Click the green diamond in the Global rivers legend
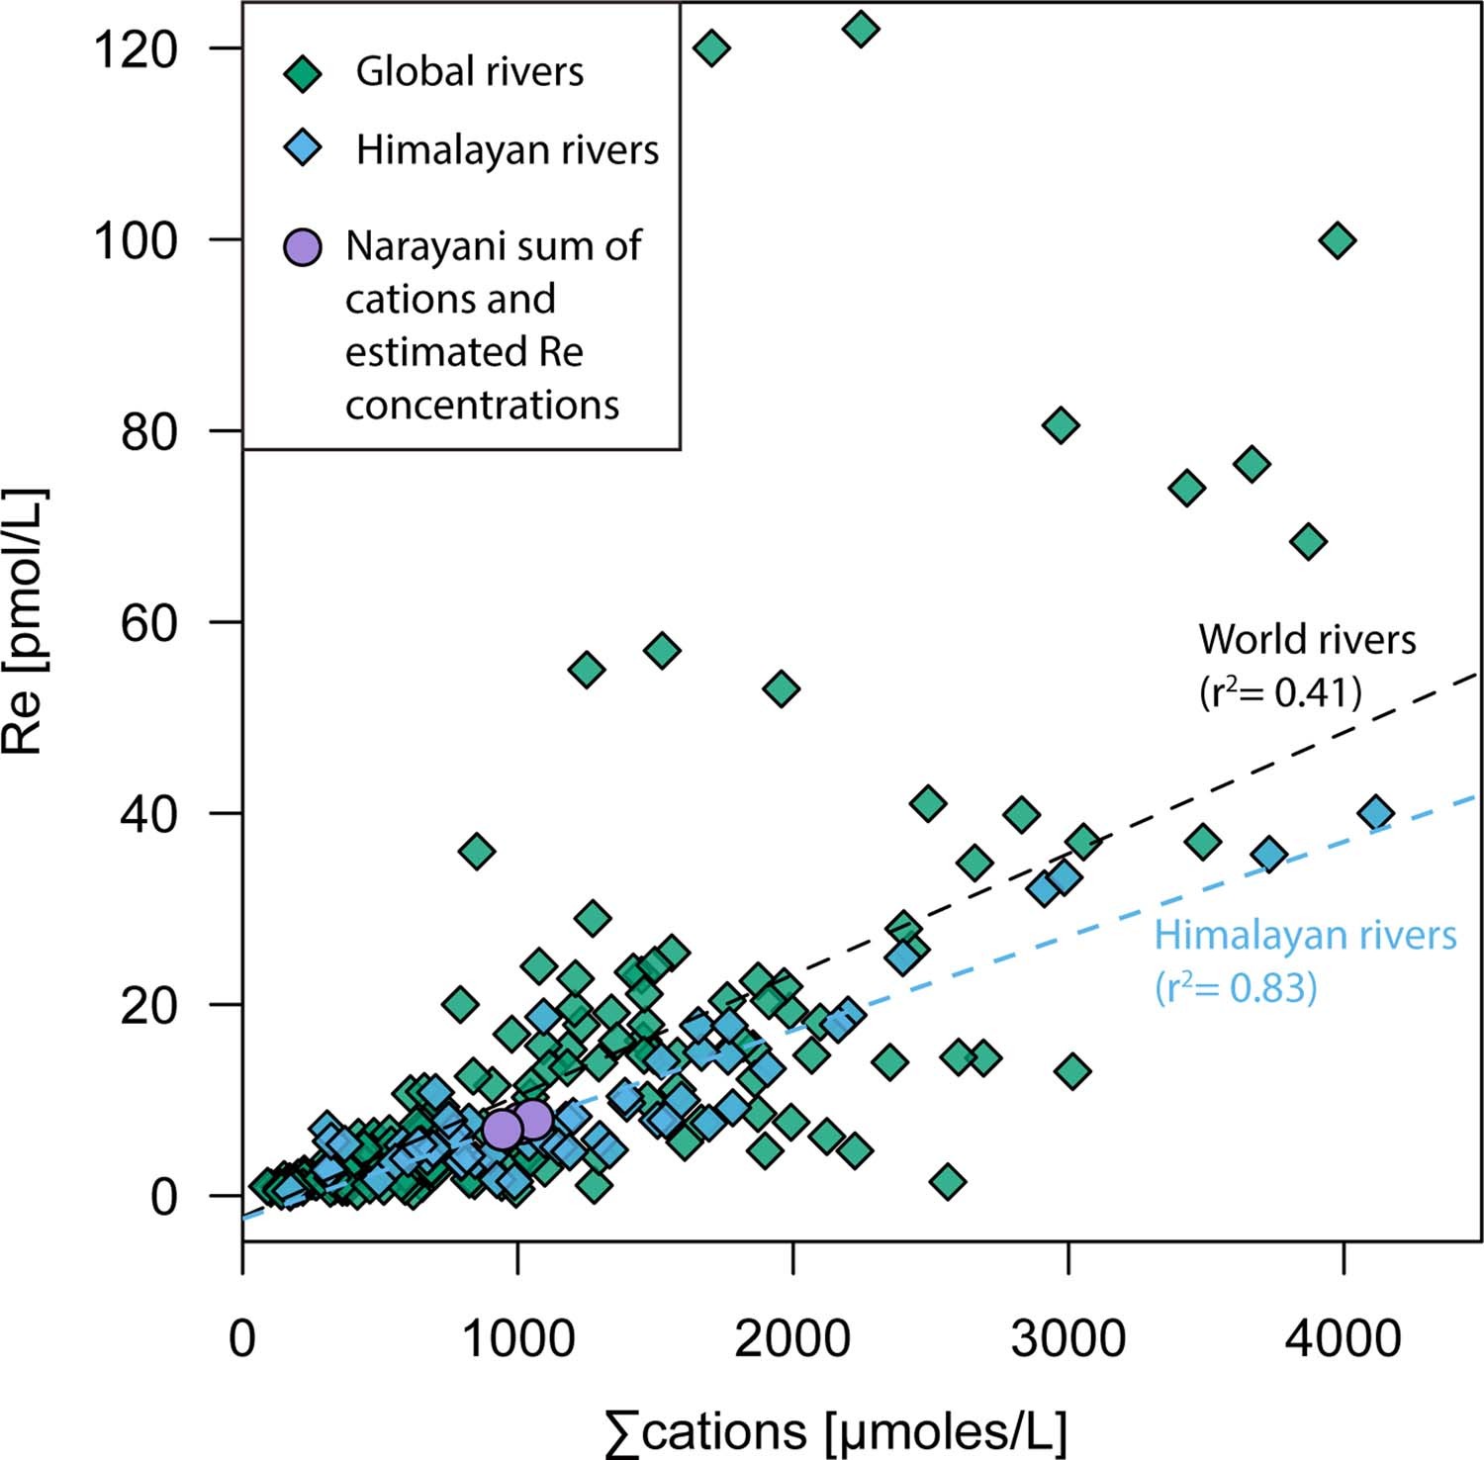pos(303,73)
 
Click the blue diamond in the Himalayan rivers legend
pos(303,150)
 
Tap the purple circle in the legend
pos(303,246)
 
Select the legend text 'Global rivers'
pos(469,72)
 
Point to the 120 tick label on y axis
pos(135,48)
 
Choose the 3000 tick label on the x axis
pos(1067,1339)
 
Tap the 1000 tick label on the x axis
pos(516,1339)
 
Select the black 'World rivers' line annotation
pos(1307,640)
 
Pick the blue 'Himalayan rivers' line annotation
pos(1305,935)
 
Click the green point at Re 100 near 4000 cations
pos(1338,240)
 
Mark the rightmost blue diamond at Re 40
pos(1375,813)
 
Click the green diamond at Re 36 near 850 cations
pos(477,851)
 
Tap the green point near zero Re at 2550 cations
pos(948,1181)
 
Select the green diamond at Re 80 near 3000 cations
pos(1061,425)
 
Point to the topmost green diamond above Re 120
pos(861,29)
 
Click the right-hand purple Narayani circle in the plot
pos(533,1120)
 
